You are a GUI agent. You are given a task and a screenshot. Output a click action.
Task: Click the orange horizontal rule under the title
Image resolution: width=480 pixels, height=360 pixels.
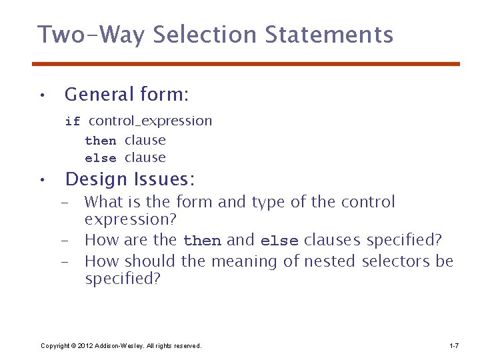click(x=246, y=64)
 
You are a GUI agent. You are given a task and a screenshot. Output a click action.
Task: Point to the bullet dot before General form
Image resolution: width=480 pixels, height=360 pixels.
click(x=41, y=95)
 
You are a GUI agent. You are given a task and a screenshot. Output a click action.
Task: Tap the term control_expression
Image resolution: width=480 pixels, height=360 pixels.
click(x=150, y=121)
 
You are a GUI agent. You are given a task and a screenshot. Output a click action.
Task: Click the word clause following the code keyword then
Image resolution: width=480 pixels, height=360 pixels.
click(x=145, y=140)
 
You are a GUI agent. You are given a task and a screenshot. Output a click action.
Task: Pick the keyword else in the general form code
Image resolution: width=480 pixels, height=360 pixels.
click(x=101, y=159)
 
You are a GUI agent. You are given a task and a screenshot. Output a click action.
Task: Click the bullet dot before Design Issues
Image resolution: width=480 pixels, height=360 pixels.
click(x=41, y=179)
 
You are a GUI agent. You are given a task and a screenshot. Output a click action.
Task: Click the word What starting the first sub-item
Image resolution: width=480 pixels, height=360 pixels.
click(x=105, y=202)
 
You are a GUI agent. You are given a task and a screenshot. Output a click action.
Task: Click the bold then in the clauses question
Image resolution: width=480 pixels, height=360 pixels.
click(x=203, y=241)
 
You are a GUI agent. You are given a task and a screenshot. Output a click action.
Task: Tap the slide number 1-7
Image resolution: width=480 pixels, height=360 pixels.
click(x=453, y=345)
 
